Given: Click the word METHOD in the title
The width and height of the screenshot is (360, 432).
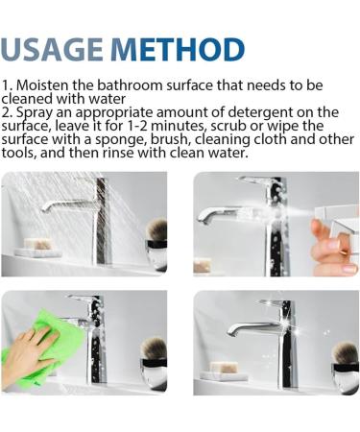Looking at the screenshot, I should click(178, 49).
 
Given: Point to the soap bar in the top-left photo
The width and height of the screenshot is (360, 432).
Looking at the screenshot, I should click(38, 244).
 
